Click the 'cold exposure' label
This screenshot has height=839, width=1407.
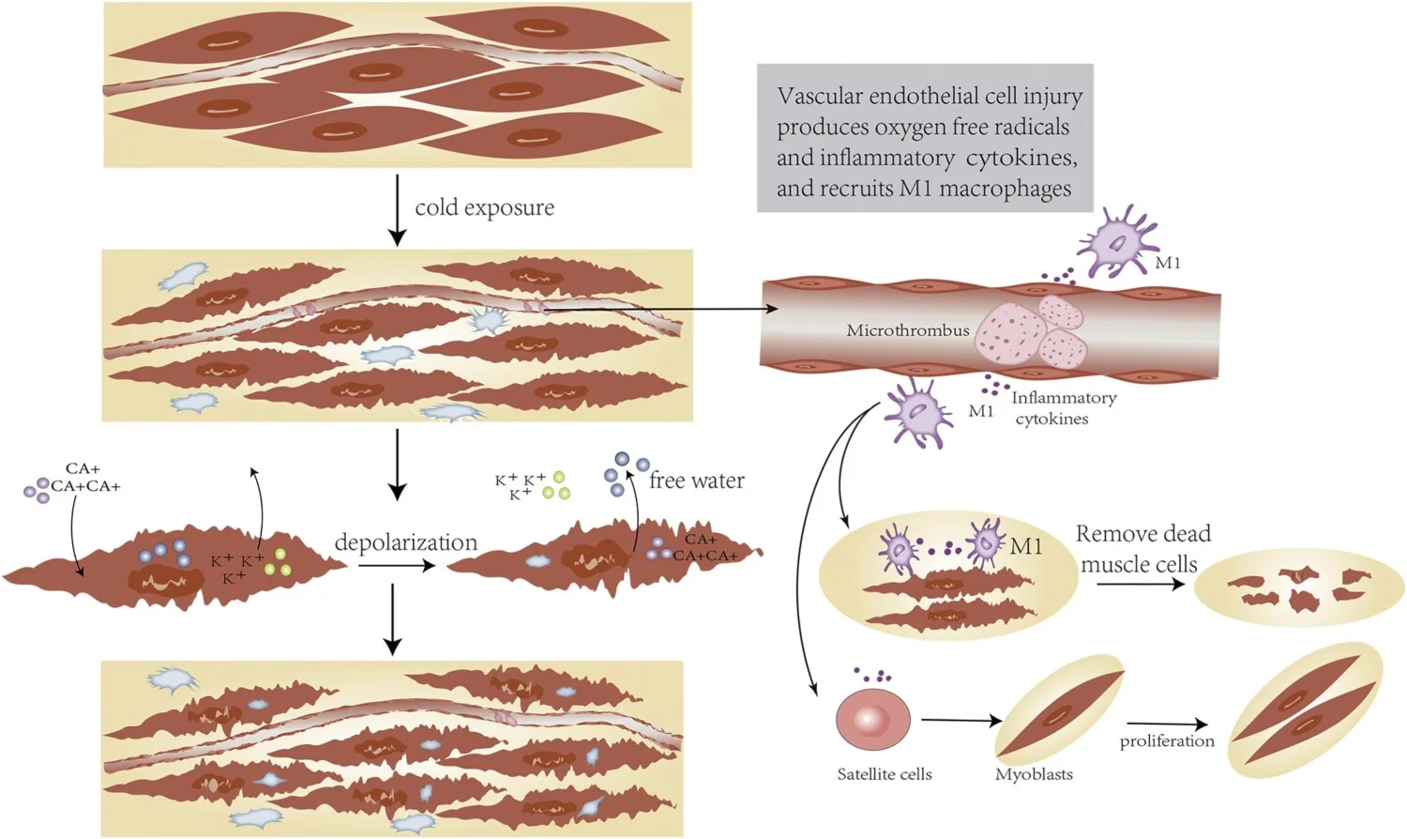tap(484, 207)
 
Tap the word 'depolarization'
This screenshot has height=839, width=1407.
tap(405, 542)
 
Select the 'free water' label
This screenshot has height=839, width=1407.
tap(696, 481)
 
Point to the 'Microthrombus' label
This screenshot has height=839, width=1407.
tap(907, 330)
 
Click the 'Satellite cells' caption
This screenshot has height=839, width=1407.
tap(885, 774)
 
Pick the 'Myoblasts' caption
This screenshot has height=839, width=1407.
tap(1034, 774)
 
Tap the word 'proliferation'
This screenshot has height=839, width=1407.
tap(1167, 741)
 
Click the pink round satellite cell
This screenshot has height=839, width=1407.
tap(872, 720)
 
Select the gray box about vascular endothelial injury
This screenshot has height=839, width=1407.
tap(925, 138)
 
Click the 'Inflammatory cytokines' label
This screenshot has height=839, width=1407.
tap(1063, 408)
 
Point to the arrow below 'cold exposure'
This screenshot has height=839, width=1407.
tap(398, 210)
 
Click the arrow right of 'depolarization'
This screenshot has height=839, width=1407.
tap(396, 566)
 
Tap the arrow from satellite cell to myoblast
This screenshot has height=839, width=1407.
tap(961, 721)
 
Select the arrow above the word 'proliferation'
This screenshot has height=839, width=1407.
tap(1167, 724)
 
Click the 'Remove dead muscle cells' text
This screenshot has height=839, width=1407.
tap(1142, 549)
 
